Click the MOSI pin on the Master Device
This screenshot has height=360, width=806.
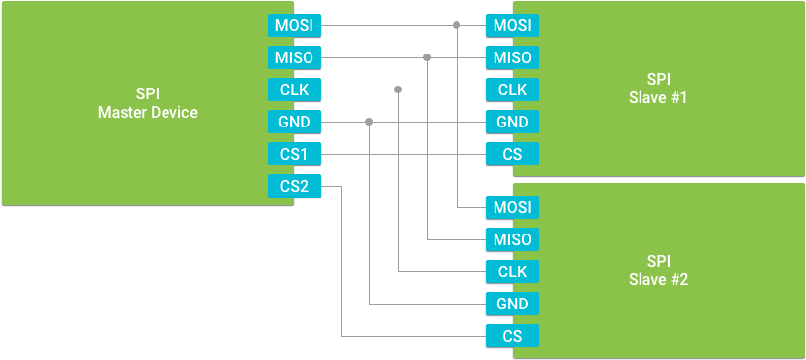[x=294, y=25]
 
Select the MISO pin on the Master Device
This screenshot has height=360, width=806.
[x=294, y=57]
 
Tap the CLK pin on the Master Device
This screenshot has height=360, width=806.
[x=294, y=90]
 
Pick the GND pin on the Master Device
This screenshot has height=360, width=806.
[x=294, y=122]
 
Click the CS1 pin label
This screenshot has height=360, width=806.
[x=294, y=154]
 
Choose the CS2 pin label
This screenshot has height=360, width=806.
[x=294, y=186]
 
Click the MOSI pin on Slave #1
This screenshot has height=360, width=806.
[x=512, y=25]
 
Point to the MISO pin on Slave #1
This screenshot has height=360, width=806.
[x=512, y=57]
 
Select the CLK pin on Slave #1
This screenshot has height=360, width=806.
[x=512, y=90]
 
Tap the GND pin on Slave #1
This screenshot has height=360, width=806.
[x=512, y=122]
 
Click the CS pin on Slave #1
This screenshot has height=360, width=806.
[x=512, y=154]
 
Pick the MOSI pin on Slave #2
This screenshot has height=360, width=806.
[x=512, y=207]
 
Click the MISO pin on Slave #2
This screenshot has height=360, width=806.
[x=512, y=239]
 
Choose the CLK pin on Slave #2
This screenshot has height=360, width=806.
[x=512, y=271]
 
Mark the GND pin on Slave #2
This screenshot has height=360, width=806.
[x=512, y=304]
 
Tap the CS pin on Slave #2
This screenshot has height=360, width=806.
[x=512, y=336]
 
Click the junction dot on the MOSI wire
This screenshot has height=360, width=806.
[x=457, y=25]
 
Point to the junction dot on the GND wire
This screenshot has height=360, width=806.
[x=369, y=122]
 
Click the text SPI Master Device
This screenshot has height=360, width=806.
[x=148, y=103]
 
